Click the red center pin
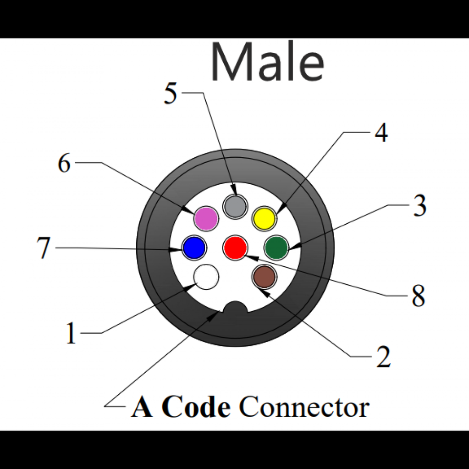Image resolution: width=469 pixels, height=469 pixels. (x=235, y=248)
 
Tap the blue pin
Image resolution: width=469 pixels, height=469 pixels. (x=193, y=248)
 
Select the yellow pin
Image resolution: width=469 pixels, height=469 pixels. (x=264, y=218)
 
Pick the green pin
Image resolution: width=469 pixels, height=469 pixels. (x=277, y=248)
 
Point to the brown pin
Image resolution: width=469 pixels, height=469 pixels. (x=265, y=278)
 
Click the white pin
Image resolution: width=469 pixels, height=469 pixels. (x=206, y=277)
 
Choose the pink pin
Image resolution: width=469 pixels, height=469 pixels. (x=206, y=218)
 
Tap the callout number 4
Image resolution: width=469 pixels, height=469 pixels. (x=381, y=132)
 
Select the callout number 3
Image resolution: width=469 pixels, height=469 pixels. (x=419, y=206)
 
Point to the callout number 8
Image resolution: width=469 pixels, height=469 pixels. (x=418, y=296)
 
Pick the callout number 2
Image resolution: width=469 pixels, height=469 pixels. (x=383, y=358)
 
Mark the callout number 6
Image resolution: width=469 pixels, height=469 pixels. (x=64, y=163)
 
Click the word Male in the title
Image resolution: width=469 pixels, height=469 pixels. (x=267, y=62)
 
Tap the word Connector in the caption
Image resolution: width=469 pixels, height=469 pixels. (x=304, y=407)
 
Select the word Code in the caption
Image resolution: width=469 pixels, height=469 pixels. (x=195, y=407)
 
